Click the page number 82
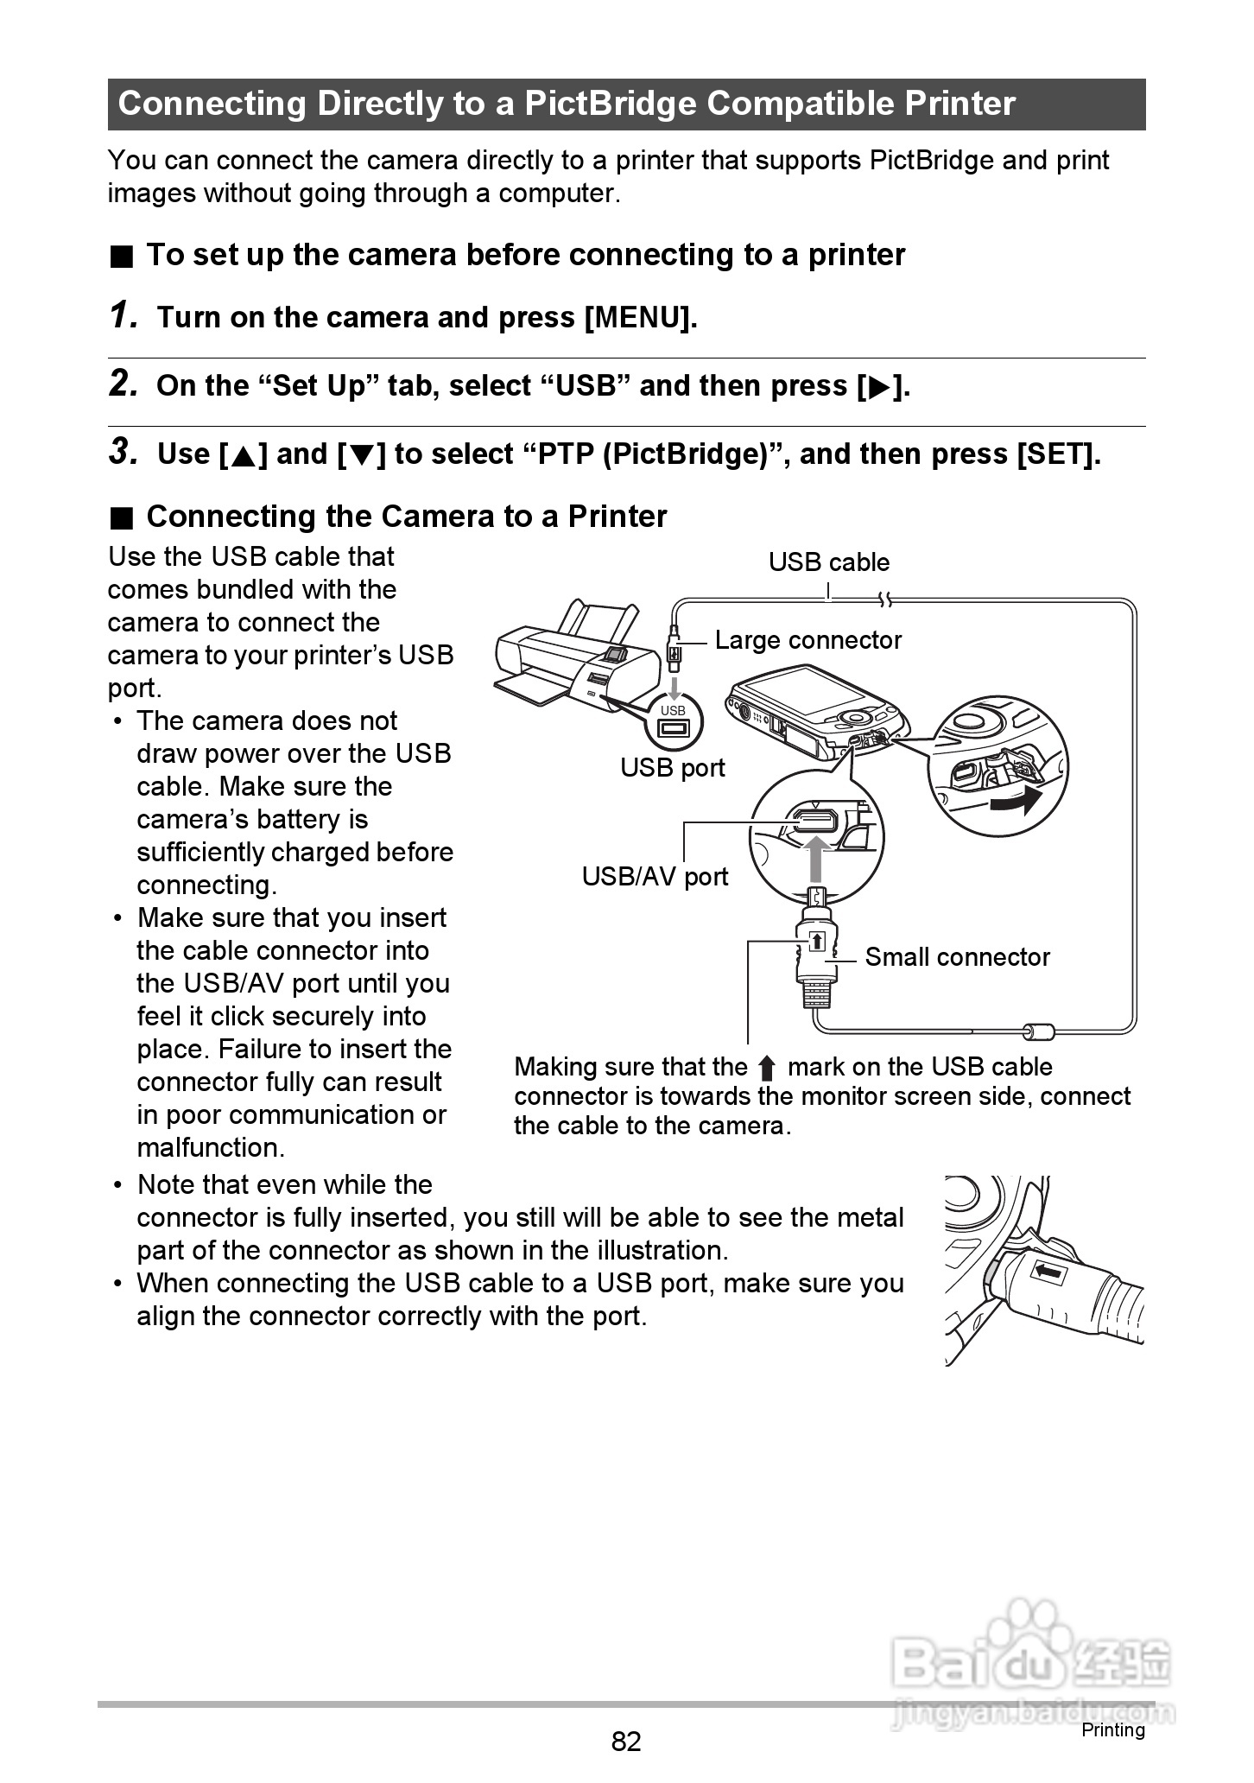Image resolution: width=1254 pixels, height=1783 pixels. click(x=626, y=1742)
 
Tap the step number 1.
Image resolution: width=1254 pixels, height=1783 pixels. click(x=123, y=316)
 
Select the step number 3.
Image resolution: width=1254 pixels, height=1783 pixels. click(x=123, y=452)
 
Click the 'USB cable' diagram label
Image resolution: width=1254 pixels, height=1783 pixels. click(x=828, y=562)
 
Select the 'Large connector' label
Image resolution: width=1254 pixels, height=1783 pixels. click(x=807, y=640)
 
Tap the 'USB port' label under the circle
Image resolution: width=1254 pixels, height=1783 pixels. click(x=672, y=768)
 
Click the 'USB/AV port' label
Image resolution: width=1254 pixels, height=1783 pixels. click(x=655, y=877)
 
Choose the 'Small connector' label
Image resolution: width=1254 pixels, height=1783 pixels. click(x=957, y=957)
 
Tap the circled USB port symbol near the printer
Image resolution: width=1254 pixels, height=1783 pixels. click(x=672, y=721)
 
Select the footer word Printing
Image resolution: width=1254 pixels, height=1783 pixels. click(x=1112, y=1730)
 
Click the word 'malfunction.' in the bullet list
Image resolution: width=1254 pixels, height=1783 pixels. click(x=210, y=1148)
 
